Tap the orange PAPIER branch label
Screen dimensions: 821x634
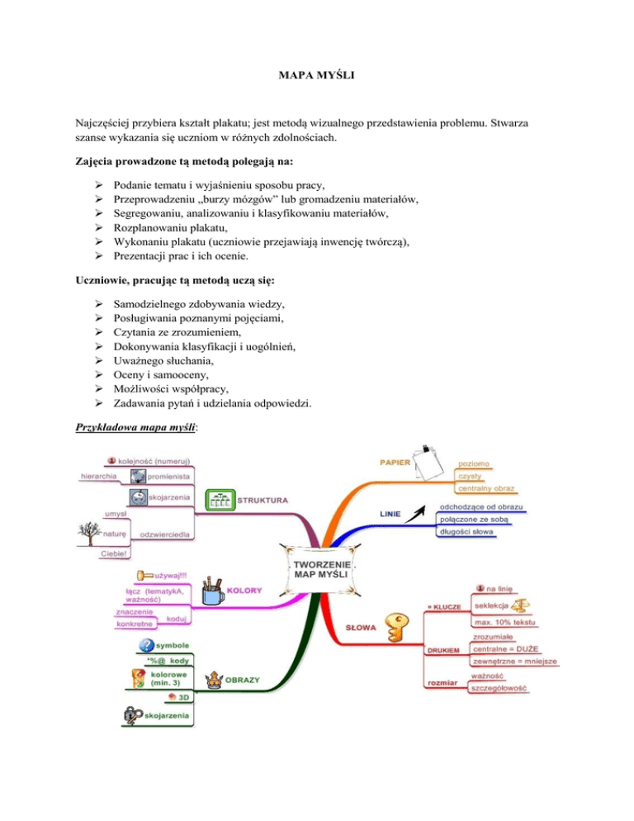[x=395, y=463]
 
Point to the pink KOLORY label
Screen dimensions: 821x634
[x=244, y=590]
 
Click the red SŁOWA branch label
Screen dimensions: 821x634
[x=361, y=628]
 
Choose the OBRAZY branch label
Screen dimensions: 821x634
[x=244, y=680]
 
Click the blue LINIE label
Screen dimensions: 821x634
[x=390, y=515]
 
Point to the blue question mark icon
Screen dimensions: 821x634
[x=146, y=645]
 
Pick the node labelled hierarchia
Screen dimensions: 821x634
[x=98, y=476]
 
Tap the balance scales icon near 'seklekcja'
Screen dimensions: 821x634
[x=523, y=606]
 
